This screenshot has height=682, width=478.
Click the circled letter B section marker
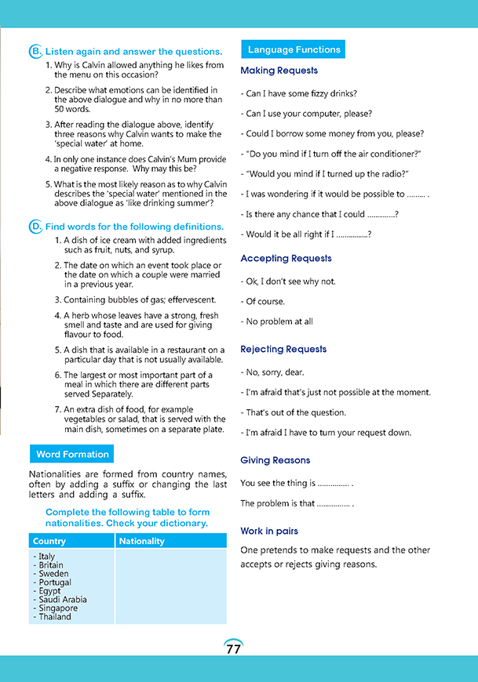pyautogui.click(x=35, y=52)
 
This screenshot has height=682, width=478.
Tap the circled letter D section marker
pyautogui.click(x=35, y=227)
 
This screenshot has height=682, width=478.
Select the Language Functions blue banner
pyautogui.click(x=294, y=49)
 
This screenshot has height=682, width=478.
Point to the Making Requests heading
pyautogui.click(x=279, y=71)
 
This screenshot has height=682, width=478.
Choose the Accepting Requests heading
pyautogui.click(x=286, y=258)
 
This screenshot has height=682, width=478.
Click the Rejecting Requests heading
pyautogui.click(x=283, y=349)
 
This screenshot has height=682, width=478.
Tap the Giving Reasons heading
pyautogui.click(x=275, y=460)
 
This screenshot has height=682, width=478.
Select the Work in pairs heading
pyautogui.click(x=269, y=531)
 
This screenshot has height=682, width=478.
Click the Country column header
pyautogui.click(x=50, y=541)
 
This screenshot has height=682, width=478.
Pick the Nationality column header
pyautogui.click(x=142, y=541)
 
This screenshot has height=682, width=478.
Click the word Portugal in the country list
pyautogui.click(x=54, y=582)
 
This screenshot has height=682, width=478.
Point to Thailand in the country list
pyautogui.click(x=54, y=617)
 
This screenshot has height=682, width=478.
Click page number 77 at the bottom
pyautogui.click(x=233, y=649)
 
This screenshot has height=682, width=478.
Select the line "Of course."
pyautogui.click(x=265, y=302)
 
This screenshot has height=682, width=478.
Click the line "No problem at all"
pyautogui.click(x=279, y=321)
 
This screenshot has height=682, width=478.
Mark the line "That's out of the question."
pyautogui.click(x=295, y=412)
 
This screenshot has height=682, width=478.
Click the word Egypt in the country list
pyautogui.click(x=49, y=591)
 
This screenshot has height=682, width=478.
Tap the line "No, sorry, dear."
pyautogui.click(x=274, y=372)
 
